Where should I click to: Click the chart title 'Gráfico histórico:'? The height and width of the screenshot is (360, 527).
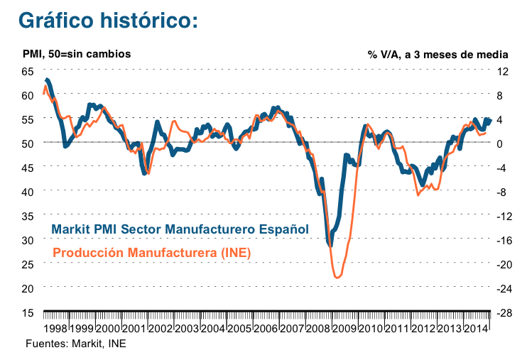pyautogui.click(x=107, y=20)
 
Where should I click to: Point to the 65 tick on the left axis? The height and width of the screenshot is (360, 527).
pyautogui.click(x=28, y=71)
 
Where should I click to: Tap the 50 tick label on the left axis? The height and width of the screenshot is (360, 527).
pyautogui.click(x=28, y=143)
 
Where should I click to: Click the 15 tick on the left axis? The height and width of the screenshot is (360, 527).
pyautogui.click(x=28, y=312)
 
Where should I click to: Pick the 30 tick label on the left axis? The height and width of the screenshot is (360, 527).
pyautogui.click(x=28, y=240)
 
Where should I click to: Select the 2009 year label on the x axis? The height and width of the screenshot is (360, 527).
pyautogui.click(x=346, y=329)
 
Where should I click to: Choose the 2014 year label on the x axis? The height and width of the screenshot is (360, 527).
pyautogui.click(x=477, y=329)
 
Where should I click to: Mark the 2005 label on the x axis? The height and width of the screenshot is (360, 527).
pyautogui.click(x=241, y=329)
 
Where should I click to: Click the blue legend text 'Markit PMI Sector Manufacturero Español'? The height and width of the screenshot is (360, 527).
pyautogui.click(x=180, y=229)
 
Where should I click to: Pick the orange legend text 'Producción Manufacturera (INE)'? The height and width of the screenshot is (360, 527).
pyautogui.click(x=152, y=252)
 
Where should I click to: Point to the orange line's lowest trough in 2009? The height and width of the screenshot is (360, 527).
pyautogui.click(x=337, y=277)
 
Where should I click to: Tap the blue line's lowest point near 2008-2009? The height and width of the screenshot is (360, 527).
pyautogui.click(x=330, y=244)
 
